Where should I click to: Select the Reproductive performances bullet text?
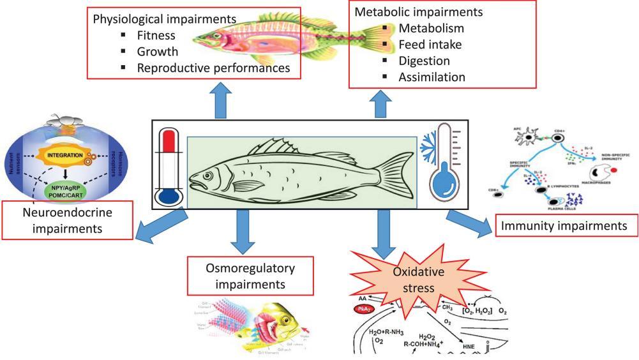point(212,67)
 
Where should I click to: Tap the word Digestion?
point(425,61)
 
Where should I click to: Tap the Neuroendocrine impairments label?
point(68,221)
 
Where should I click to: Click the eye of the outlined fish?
point(212,171)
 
